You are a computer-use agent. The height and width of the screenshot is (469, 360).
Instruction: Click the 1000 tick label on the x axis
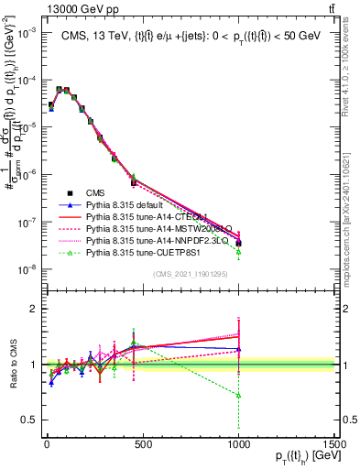click(x=238, y=446)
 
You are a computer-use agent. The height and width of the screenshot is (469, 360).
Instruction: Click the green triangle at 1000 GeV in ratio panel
click(x=239, y=395)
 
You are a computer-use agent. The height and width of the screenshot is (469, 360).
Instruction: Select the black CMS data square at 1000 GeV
click(x=239, y=244)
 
